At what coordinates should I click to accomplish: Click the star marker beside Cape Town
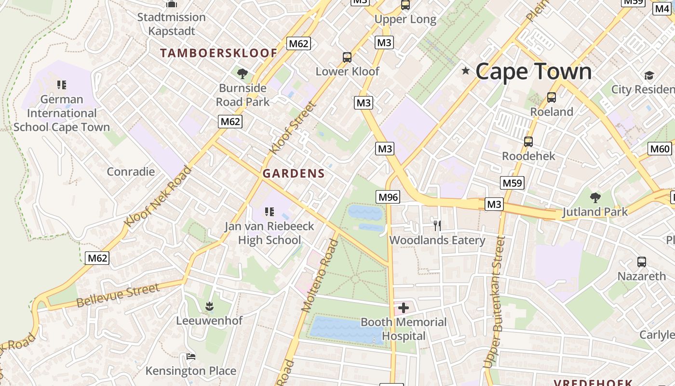pyautogui.click(x=465, y=71)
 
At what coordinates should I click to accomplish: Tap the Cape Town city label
pyautogui.click(x=533, y=71)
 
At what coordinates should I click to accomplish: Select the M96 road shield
pyautogui.click(x=388, y=197)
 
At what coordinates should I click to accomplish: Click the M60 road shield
pyautogui.click(x=660, y=149)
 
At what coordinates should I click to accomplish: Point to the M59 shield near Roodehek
pyautogui.click(x=513, y=183)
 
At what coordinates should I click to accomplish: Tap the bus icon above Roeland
pyautogui.click(x=552, y=97)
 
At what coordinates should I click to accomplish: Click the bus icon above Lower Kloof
pyautogui.click(x=347, y=57)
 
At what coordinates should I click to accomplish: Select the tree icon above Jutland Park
pyautogui.click(x=595, y=197)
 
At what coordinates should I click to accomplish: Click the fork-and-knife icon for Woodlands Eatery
pyautogui.click(x=437, y=225)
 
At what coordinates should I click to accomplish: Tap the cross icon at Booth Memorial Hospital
pyautogui.click(x=404, y=308)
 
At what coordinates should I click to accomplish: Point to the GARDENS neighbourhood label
pyautogui.click(x=294, y=174)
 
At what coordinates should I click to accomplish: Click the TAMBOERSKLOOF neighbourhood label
pyautogui.click(x=219, y=53)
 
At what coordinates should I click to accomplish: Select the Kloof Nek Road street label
pyautogui.click(x=158, y=196)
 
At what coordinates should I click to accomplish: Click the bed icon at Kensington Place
pyautogui.click(x=191, y=357)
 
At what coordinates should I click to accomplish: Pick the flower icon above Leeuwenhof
pyautogui.click(x=209, y=306)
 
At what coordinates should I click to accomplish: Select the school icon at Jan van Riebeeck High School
pyautogui.click(x=270, y=211)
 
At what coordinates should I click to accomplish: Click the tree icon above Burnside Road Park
pyautogui.click(x=242, y=74)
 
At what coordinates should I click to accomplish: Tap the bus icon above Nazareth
pyautogui.click(x=642, y=262)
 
